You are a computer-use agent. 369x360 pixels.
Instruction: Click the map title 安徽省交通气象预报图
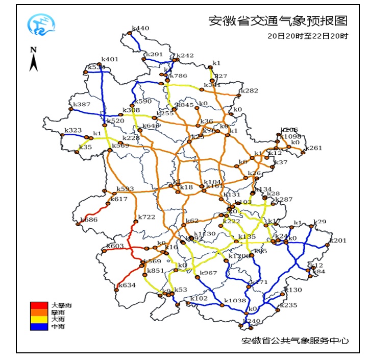pyautogui.click(x=278, y=21)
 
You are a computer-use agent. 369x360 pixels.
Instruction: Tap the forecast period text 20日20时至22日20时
pyautogui.click(x=308, y=36)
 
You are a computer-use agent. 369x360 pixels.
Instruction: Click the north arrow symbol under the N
pyautogui.click(x=34, y=62)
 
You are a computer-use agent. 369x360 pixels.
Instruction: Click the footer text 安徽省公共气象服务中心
pyautogui.click(x=295, y=341)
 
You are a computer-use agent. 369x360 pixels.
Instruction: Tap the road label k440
pyautogui.click(x=140, y=29)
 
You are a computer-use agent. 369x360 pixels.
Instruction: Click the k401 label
pyautogui.click(x=110, y=59)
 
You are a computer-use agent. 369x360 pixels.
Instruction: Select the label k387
pyautogui.click(x=82, y=105)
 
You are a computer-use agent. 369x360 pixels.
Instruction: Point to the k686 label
pyautogui.click(x=89, y=220)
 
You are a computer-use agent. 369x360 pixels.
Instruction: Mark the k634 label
pyautogui.click(x=127, y=285)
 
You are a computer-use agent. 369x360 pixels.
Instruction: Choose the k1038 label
pyautogui.click(x=235, y=300)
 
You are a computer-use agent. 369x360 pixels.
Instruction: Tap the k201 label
pyautogui.click(x=338, y=241)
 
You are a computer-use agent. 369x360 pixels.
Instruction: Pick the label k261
pyautogui.click(x=314, y=148)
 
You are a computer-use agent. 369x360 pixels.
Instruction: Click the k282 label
pyautogui.click(x=250, y=90)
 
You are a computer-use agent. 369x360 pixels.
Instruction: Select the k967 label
pyautogui.click(x=208, y=273)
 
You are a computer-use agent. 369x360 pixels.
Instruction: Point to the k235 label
pyautogui.click(x=288, y=305)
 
